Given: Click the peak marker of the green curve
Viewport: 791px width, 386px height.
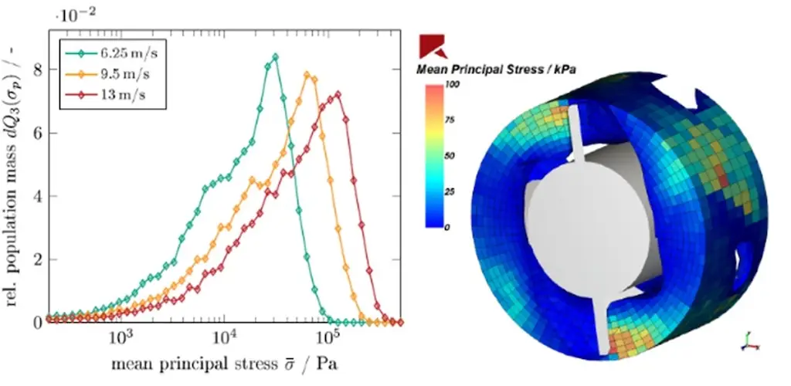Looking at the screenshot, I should point(275,57).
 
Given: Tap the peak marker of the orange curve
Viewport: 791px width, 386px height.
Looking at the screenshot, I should point(307,75).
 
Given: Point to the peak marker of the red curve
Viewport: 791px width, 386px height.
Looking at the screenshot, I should point(337,94).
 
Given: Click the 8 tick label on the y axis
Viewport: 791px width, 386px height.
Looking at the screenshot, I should point(36,69).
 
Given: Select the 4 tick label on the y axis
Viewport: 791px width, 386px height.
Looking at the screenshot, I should point(36,195).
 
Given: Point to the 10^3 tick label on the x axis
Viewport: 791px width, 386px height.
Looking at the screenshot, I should point(119,337).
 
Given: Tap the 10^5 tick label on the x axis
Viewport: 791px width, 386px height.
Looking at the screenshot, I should point(329,337).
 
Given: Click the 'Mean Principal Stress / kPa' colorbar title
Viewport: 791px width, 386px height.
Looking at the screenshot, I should point(498,69).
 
